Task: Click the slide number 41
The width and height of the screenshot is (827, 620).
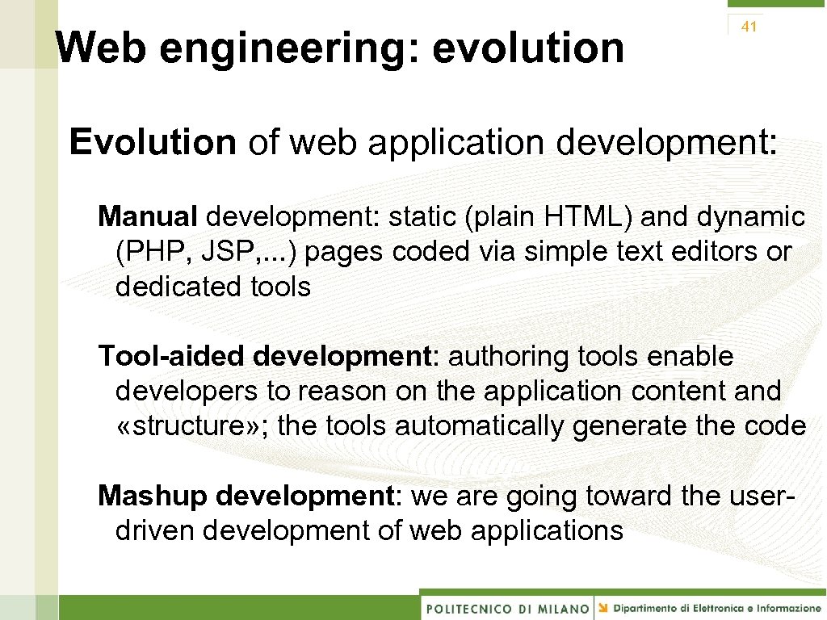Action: click(749, 27)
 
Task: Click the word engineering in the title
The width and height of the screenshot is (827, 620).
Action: click(288, 48)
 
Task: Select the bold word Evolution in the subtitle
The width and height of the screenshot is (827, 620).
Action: click(153, 142)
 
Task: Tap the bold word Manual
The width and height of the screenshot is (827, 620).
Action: click(148, 216)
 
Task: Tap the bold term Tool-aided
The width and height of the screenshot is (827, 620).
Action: click(172, 356)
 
